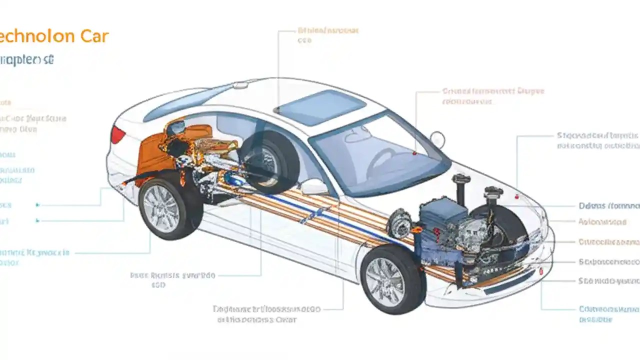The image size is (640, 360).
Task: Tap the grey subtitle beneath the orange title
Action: (27, 60)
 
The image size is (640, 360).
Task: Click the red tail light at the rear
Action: (118, 134)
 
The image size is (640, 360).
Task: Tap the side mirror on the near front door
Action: (314, 186)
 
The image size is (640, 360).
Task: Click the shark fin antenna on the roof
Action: (240, 85)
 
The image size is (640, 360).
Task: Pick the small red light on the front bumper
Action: (541, 270)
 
